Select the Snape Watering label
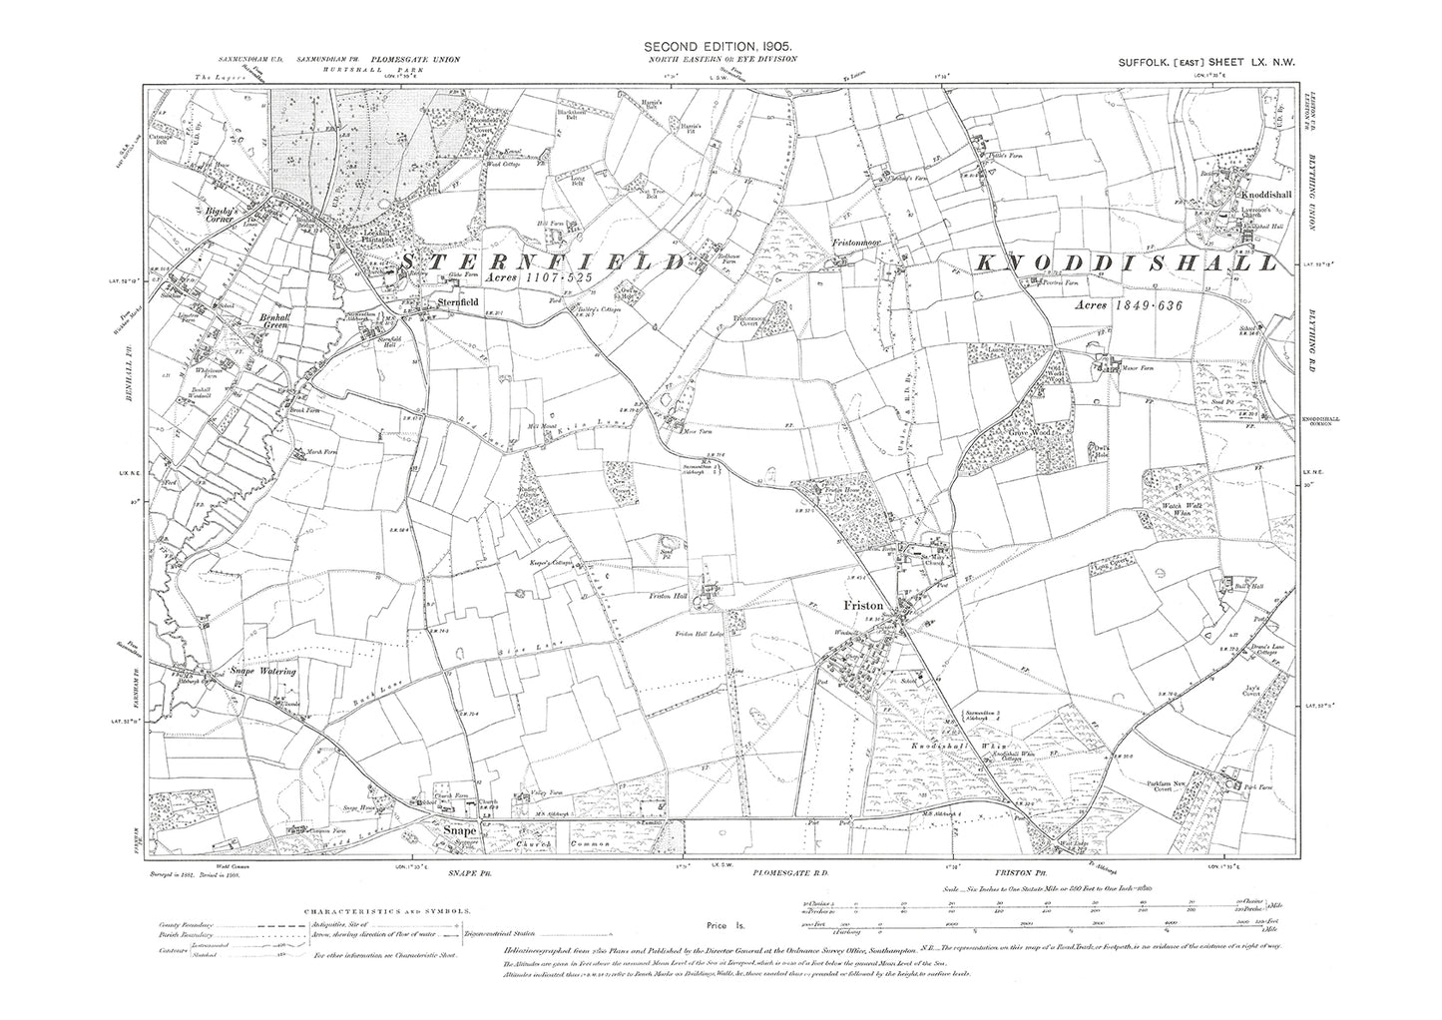tap(257, 672)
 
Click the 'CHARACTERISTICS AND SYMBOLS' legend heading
tap(391, 910)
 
